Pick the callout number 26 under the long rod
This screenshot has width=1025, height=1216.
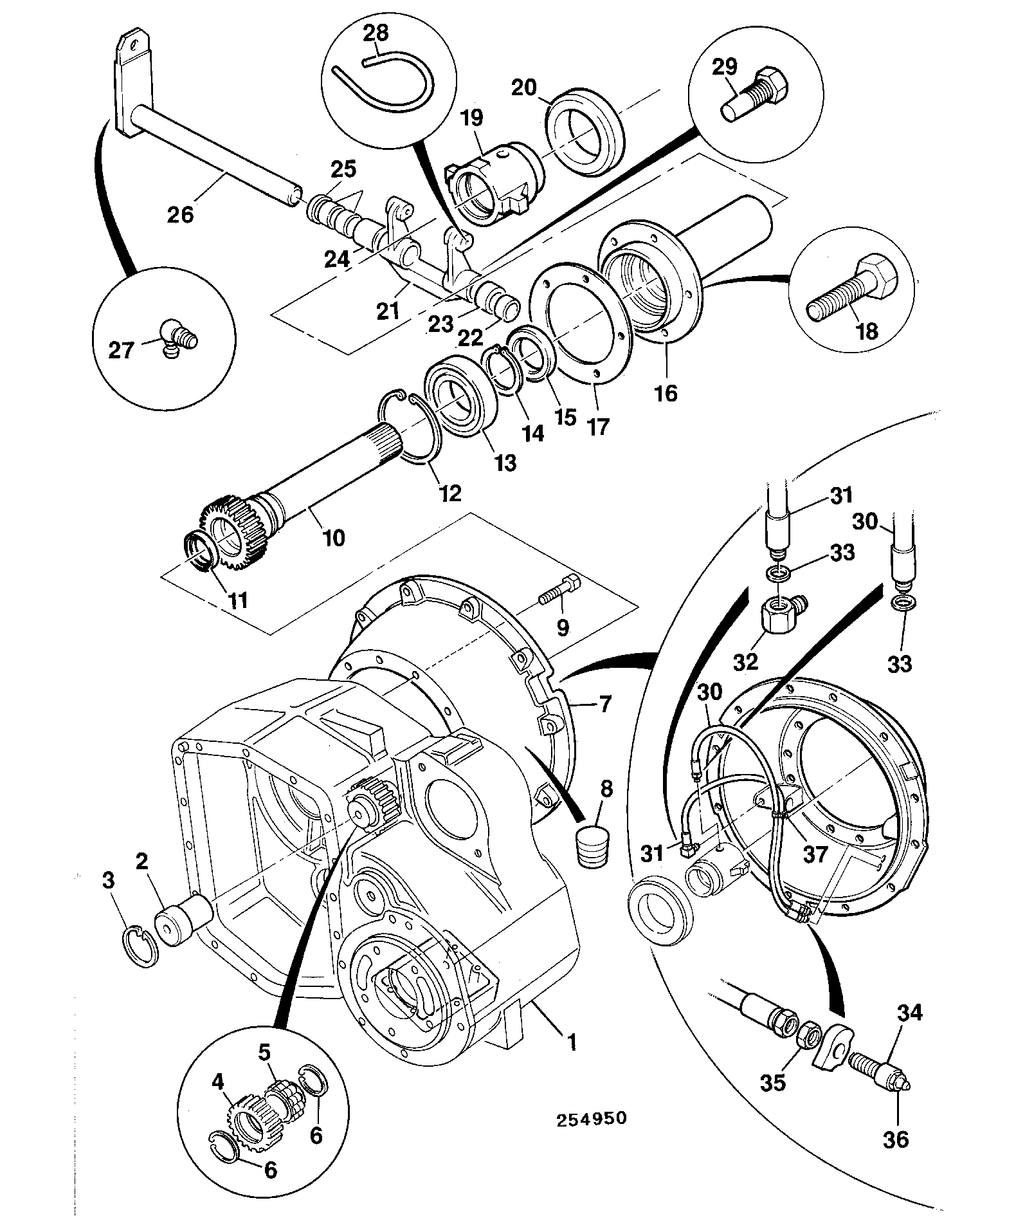coord(180,214)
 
